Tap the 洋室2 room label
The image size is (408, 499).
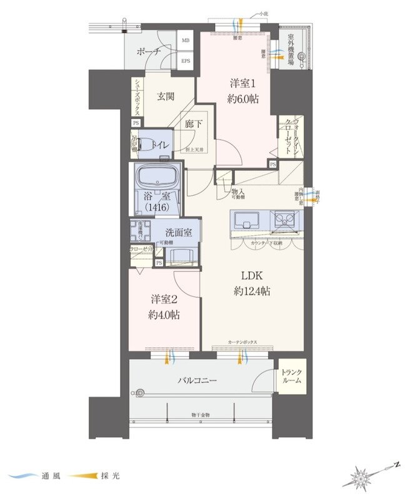point(164,299)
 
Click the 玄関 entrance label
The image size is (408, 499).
point(166,95)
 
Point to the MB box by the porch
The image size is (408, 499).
point(186,41)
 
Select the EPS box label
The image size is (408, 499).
point(186,61)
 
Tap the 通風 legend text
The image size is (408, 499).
point(54,476)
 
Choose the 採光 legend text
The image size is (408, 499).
point(109,476)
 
